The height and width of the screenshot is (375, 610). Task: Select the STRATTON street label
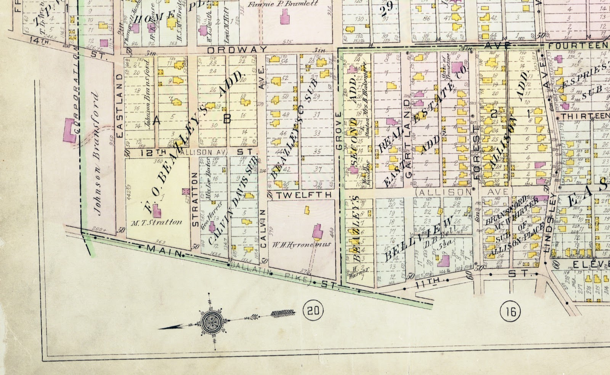tap(195, 199)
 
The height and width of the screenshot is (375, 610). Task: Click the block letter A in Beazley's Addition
tap(156, 121)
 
